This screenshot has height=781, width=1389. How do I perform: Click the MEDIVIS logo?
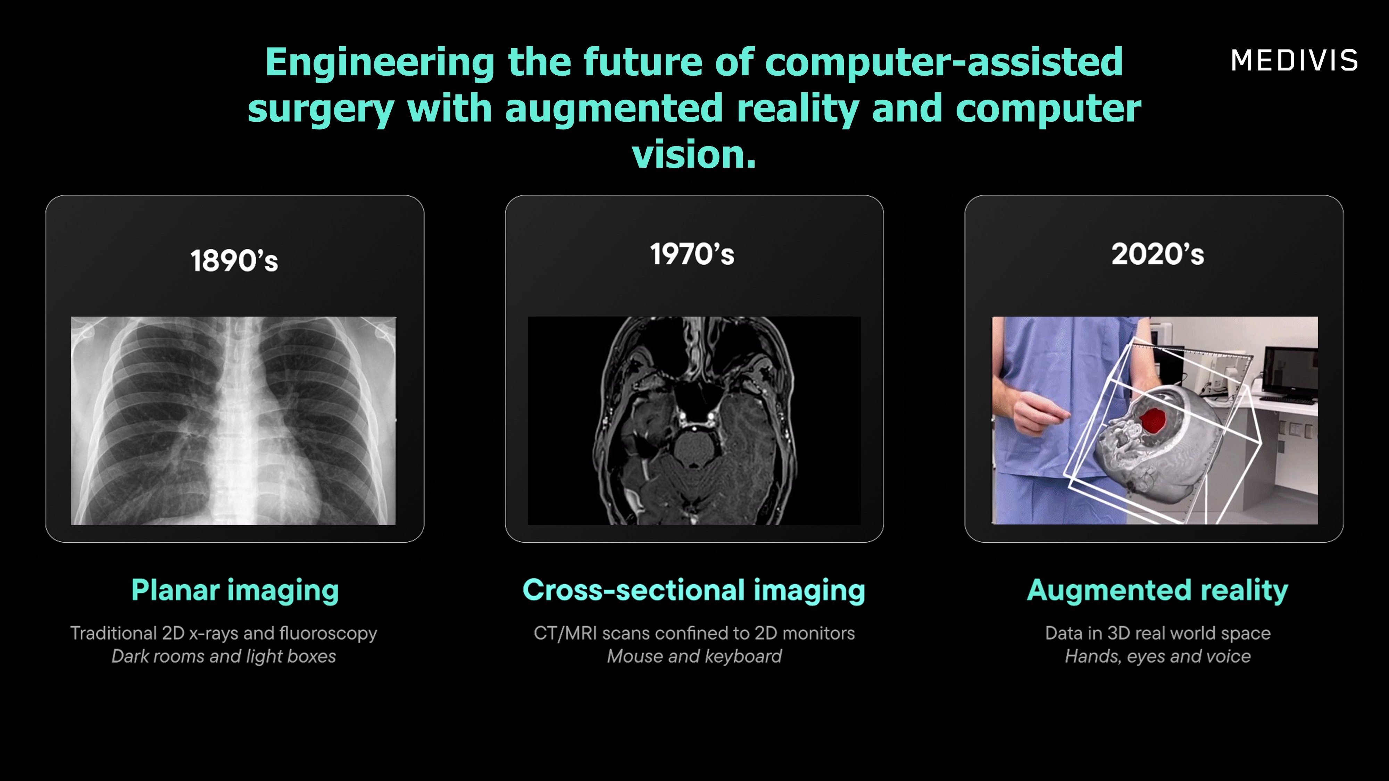(x=1294, y=60)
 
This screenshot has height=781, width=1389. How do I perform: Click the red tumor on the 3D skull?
(x=1152, y=420)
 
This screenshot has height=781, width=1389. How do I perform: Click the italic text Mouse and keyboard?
(x=694, y=656)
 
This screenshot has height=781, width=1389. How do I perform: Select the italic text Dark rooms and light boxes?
(x=224, y=656)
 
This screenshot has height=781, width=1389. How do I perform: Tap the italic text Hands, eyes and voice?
(x=1158, y=656)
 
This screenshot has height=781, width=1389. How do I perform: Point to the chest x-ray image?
(x=233, y=420)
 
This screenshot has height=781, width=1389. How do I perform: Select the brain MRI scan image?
(x=694, y=420)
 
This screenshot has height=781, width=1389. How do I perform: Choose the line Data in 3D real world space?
(x=1158, y=633)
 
